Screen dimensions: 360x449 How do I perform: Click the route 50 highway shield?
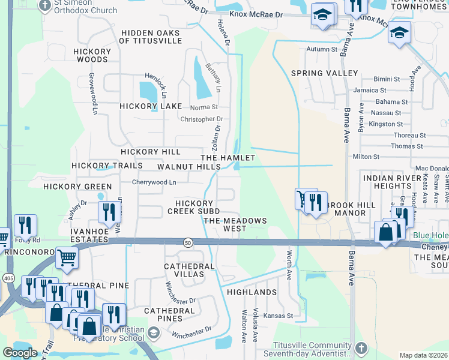(188, 242)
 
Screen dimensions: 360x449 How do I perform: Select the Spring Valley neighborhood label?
(324, 73)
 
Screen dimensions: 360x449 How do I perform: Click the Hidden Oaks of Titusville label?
(150, 37)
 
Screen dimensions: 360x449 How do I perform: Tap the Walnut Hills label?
(189, 166)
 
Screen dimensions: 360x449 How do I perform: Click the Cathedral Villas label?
(189, 270)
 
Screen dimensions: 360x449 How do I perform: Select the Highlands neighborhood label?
(252, 292)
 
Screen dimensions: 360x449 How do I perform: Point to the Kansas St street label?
(278, 315)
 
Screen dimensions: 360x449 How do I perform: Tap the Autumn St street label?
(322, 49)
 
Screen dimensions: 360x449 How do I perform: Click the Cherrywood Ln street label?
(154, 182)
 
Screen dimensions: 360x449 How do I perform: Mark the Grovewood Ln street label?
(93, 94)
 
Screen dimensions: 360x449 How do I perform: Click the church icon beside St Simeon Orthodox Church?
(44, 6)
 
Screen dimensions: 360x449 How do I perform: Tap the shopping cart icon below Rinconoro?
(67, 257)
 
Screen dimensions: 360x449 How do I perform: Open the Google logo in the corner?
(20, 353)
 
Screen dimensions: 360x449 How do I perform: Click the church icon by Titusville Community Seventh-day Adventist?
(361, 348)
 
